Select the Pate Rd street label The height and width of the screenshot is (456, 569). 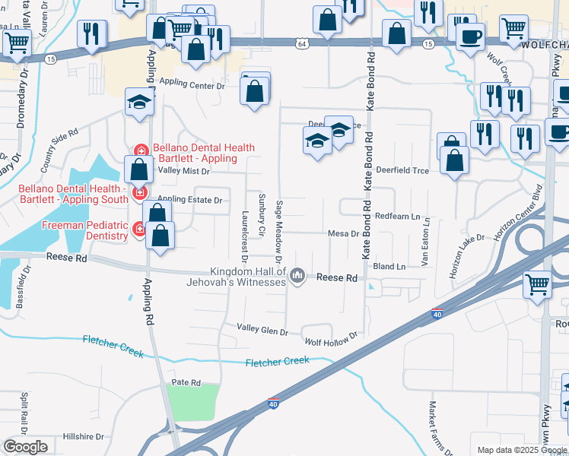click(186, 382)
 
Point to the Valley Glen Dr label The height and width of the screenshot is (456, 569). click(262, 332)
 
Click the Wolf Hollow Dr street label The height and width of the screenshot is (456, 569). click(332, 336)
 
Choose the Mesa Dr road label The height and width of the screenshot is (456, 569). click(343, 233)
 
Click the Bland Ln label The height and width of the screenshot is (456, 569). click(389, 267)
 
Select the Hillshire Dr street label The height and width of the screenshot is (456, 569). click(83, 436)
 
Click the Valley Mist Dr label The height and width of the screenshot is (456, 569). click(183, 171)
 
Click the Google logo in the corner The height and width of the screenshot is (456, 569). click(25, 446)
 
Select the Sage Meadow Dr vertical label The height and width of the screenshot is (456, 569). click(281, 226)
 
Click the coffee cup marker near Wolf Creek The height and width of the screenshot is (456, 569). click(471, 36)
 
